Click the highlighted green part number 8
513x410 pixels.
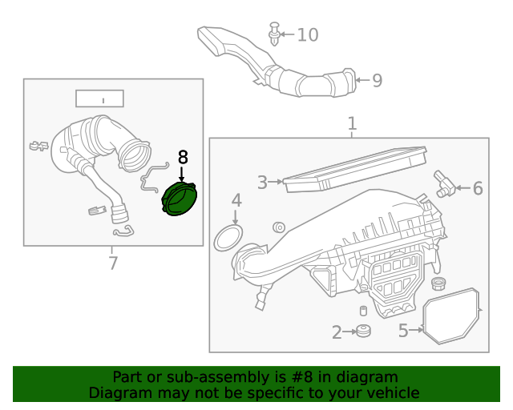tap(180, 199)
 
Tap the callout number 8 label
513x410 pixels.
tap(183, 157)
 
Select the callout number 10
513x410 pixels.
tap(307, 34)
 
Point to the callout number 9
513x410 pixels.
tap(377, 80)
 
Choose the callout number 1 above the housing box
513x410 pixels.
tap(351, 124)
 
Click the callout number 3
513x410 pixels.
tap(262, 183)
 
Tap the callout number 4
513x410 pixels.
tap(236, 199)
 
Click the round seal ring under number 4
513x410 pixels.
tap(229, 238)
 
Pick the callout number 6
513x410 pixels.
tap(478, 189)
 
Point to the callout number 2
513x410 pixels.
tap(337, 332)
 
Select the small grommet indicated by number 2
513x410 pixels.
tap(363, 331)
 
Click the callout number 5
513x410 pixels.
tap(404, 329)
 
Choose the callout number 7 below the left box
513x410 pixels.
tap(112, 263)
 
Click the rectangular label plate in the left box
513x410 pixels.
tap(99, 98)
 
